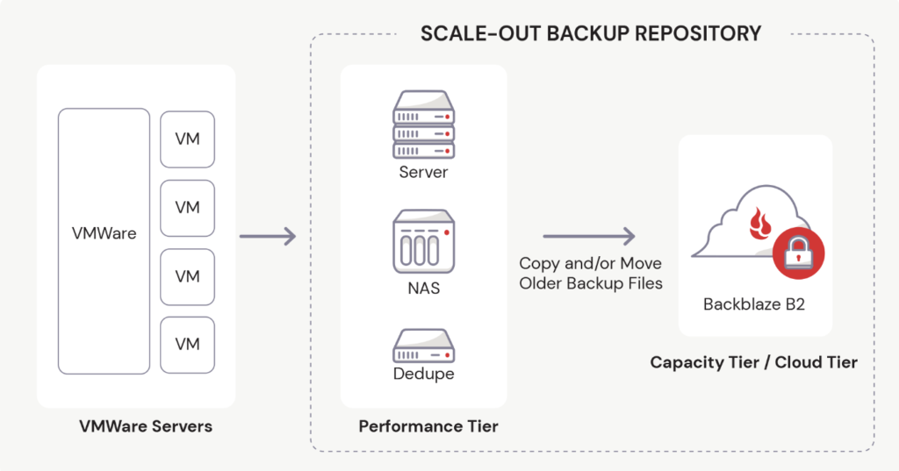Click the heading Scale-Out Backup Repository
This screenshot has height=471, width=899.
pos(591,33)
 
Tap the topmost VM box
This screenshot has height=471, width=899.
pos(187,139)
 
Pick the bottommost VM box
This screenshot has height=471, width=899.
pos(187,345)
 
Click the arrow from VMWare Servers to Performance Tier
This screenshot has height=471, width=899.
pos(268,236)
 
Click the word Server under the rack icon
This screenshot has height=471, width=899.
pos(423,172)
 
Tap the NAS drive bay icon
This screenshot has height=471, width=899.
pos(423,241)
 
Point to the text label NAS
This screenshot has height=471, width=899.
pos(423,287)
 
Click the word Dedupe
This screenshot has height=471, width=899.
pos(423,375)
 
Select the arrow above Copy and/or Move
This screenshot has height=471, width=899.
pos(589,236)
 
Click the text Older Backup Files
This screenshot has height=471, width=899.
pos(590,283)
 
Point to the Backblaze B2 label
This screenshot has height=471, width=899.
pos(754,304)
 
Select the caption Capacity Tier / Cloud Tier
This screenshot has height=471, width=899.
pos(753,362)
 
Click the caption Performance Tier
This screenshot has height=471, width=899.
pos(428,427)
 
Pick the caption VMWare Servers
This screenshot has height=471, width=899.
pos(146,427)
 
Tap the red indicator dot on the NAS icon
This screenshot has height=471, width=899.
pos(446,232)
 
